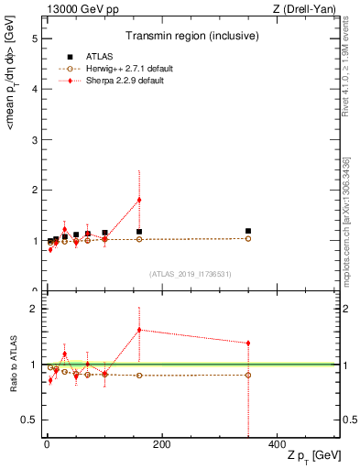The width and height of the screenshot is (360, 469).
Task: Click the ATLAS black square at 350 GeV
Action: tap(247, 231)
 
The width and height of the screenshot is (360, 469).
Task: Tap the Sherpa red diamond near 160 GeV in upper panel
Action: tap(139, 200)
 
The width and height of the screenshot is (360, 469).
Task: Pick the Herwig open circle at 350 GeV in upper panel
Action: tap(247, 238)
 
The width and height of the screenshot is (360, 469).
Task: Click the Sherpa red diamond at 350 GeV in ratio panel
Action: tap(247, 344)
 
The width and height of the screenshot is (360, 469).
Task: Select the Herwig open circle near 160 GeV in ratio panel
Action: tap(139, 376)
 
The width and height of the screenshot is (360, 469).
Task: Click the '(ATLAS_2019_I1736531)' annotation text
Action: tap(191, 273)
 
